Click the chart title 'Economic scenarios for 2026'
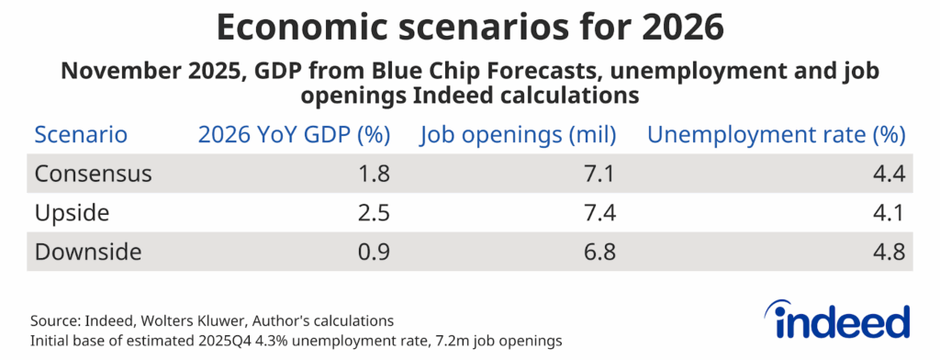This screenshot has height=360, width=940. (470, 28)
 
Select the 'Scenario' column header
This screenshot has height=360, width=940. (80, 135)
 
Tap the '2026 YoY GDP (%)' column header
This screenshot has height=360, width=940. (294, 135)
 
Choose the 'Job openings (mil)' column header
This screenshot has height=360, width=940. (520, 135)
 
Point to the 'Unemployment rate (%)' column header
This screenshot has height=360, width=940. (777, 135)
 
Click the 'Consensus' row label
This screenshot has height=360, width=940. (93, 174)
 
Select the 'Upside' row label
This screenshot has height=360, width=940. (71, 213)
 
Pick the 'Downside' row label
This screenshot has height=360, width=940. (87, 252)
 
